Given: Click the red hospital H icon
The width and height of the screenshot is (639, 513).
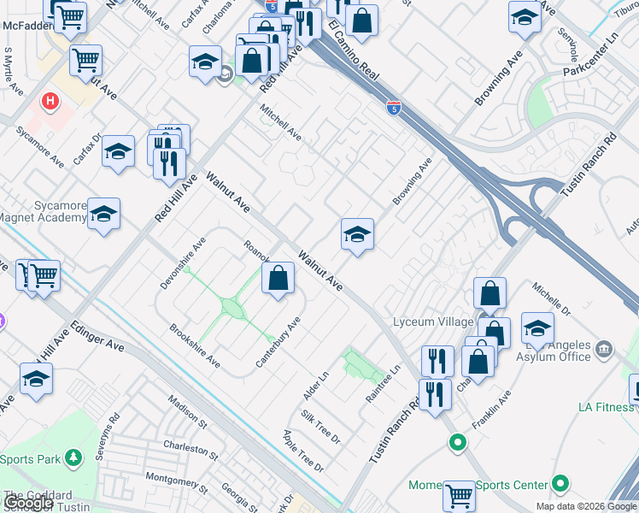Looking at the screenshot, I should click(51, 102).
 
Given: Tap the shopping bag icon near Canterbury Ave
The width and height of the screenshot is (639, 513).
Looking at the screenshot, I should click(278, 279).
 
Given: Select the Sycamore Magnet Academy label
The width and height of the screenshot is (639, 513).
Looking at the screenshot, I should click(48, 212).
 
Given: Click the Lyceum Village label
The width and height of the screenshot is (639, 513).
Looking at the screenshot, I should click(432, 321).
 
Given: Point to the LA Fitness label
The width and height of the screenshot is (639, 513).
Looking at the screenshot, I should click(606, 407).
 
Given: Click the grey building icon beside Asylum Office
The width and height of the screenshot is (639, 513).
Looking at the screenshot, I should click(604, 349).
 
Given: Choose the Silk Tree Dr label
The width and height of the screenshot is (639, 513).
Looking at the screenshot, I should click(321, 426).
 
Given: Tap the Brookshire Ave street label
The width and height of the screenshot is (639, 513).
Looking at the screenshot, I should click(196, 346).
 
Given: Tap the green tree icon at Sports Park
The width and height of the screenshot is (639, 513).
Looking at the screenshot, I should click(74, 458).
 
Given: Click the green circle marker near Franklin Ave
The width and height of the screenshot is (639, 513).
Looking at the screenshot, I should click(458, 443).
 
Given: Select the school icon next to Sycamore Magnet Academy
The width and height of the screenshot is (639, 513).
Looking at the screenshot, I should click(103, 215).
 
